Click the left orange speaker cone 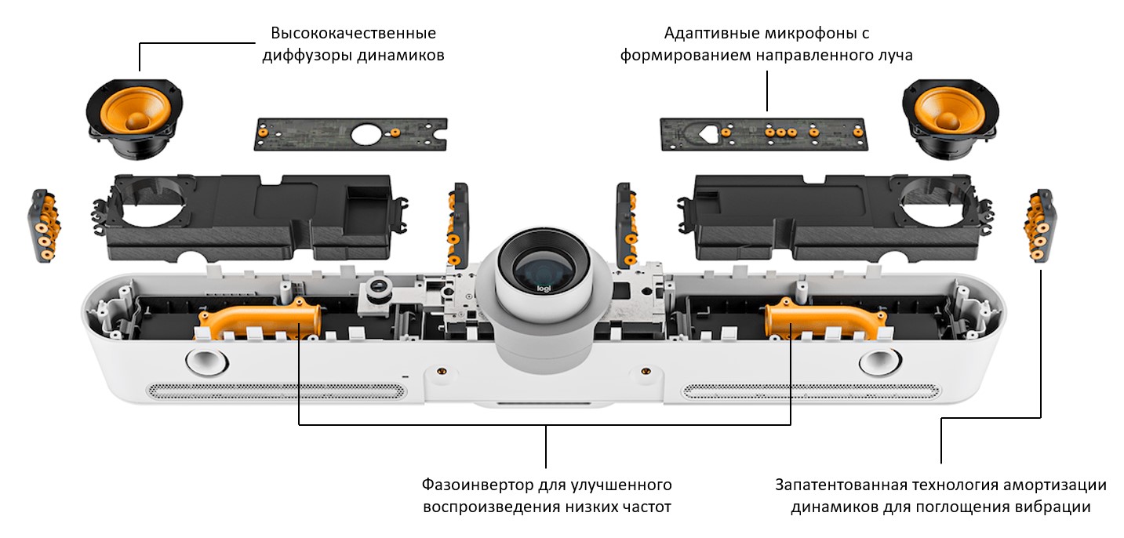(x=135, y=112)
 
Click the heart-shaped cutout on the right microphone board (x=707, y=132)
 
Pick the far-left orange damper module (x=45, y=226)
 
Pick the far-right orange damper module (x=1039, y=226)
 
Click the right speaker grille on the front (x=812, y=390)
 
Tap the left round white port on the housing (x=206, y=362)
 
